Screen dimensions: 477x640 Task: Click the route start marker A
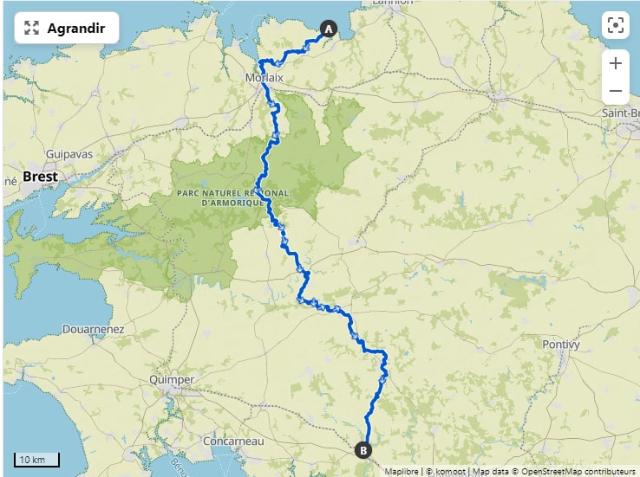(329, 29)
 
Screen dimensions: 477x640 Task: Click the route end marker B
(363, 449)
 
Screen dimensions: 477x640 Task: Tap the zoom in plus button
(615, 63)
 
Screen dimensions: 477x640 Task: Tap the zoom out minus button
(615, 91)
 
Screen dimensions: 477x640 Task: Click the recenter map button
(615, 25)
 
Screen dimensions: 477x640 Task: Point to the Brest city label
(41, 177)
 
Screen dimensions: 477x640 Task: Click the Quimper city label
(172, 380)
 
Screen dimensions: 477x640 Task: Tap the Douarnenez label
(93, 330)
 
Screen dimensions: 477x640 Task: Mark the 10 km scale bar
(36, 459)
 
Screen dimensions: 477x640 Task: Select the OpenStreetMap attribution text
(553, 472)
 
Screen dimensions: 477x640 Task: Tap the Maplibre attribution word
(402, 472)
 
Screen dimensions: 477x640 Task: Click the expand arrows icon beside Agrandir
(32, 29)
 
